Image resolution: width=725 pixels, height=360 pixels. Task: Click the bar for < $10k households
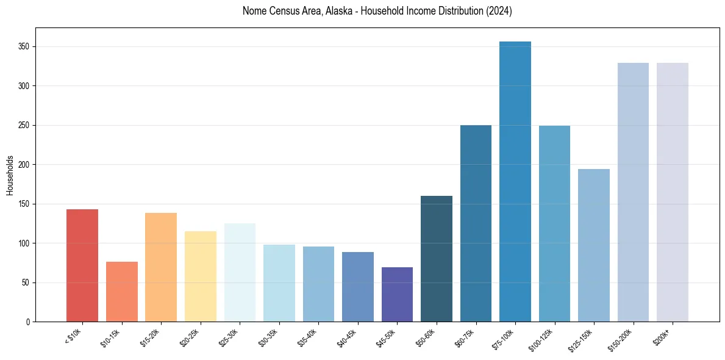click(82, 265)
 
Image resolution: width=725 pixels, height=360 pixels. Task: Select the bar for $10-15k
click(121, 292)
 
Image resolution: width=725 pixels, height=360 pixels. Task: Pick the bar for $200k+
click(673, 192)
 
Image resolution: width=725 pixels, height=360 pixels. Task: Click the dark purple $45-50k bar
click(397, 294)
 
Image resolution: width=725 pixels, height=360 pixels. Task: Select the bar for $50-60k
click(437, 259)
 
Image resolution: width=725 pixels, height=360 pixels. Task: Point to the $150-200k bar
click(633, 192)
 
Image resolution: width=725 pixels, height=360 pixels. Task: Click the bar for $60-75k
click(476, 223)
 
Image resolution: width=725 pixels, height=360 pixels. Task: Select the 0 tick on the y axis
click(29, 322)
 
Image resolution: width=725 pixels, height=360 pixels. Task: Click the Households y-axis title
click(10, 175)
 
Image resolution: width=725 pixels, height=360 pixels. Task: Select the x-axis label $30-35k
click(270, 338)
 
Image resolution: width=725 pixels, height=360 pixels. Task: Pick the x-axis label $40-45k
click(348, 338)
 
